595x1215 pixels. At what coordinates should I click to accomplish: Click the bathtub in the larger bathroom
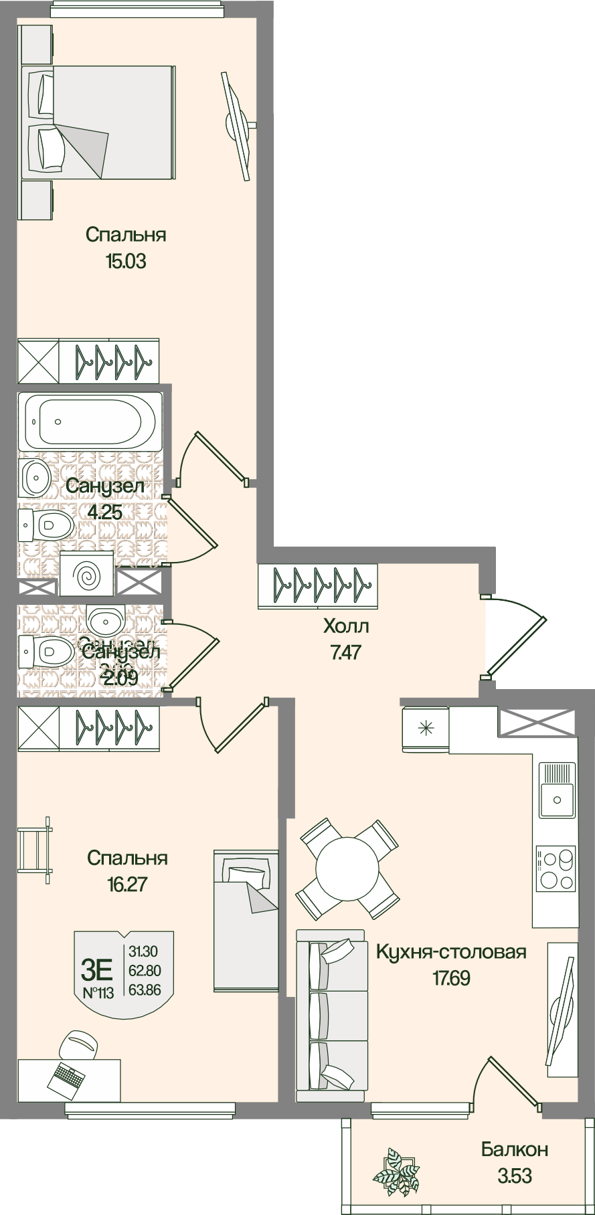coord(89,422)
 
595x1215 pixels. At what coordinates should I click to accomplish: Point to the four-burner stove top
coord(556,868)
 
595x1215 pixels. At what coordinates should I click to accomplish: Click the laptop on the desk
coord(67,1077)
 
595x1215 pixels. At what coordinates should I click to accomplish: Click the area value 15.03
coord(125,261)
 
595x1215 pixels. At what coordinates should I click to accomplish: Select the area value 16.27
coord(126,884)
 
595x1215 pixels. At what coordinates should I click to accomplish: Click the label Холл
coord(346,626)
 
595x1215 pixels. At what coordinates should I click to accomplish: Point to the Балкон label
coord(515,1149)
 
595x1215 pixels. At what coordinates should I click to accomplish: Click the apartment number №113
coord(98,993)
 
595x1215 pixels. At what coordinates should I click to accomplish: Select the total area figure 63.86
coord(145,990)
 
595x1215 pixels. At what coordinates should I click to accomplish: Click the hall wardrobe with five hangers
coord(318,585)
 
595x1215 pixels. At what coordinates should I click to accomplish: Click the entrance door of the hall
coord(515,636)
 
